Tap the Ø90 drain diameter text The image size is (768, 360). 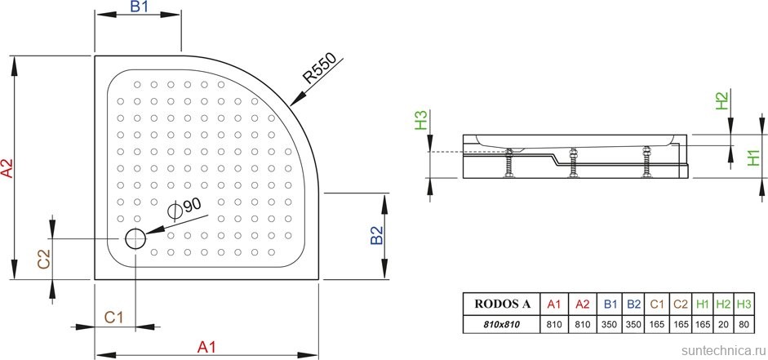pyautogui.click(x=184, y=207)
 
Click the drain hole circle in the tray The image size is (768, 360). pyautogui.click(x=135, y=238)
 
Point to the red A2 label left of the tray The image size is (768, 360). pyautogui.click(x=7, y=168)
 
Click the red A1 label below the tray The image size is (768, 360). pyautogui.click(x=206, y=347)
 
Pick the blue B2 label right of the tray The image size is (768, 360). pyautogui.click(x=376, y=235)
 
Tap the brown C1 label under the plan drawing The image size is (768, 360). pyautogui.click(x=113, y=318)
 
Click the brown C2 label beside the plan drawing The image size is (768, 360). pyautogui.click(x=44, y=259)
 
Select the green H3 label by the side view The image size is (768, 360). pyautogui.click(x=421, y=121)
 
